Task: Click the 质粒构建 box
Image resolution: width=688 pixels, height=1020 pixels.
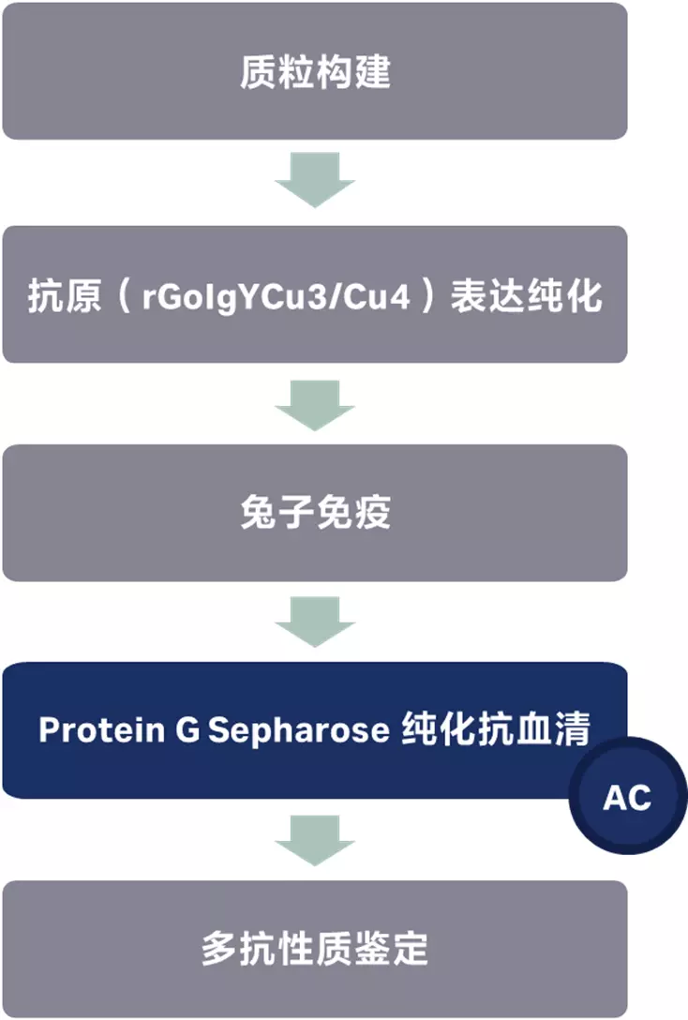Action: (x=314, y=71)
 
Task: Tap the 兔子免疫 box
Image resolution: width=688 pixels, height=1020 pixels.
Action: (x=314, y=513)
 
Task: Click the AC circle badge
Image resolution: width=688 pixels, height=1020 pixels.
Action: (x=626, y=798)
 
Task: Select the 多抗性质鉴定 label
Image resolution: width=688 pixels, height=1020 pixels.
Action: (x=314, y=949)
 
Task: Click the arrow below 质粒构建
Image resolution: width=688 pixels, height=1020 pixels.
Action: (x=314, y=179)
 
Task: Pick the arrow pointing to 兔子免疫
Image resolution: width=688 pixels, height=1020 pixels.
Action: (x=314, y=404)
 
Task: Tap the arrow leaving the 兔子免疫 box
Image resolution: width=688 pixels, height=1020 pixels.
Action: (x=314, y=620)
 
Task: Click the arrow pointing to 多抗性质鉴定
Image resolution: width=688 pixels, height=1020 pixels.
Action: (x=314, y=837)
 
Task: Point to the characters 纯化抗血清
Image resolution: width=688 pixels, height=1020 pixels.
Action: (x=495, y=729)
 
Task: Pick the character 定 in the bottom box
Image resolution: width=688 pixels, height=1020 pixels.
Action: (x=411, y=949)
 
